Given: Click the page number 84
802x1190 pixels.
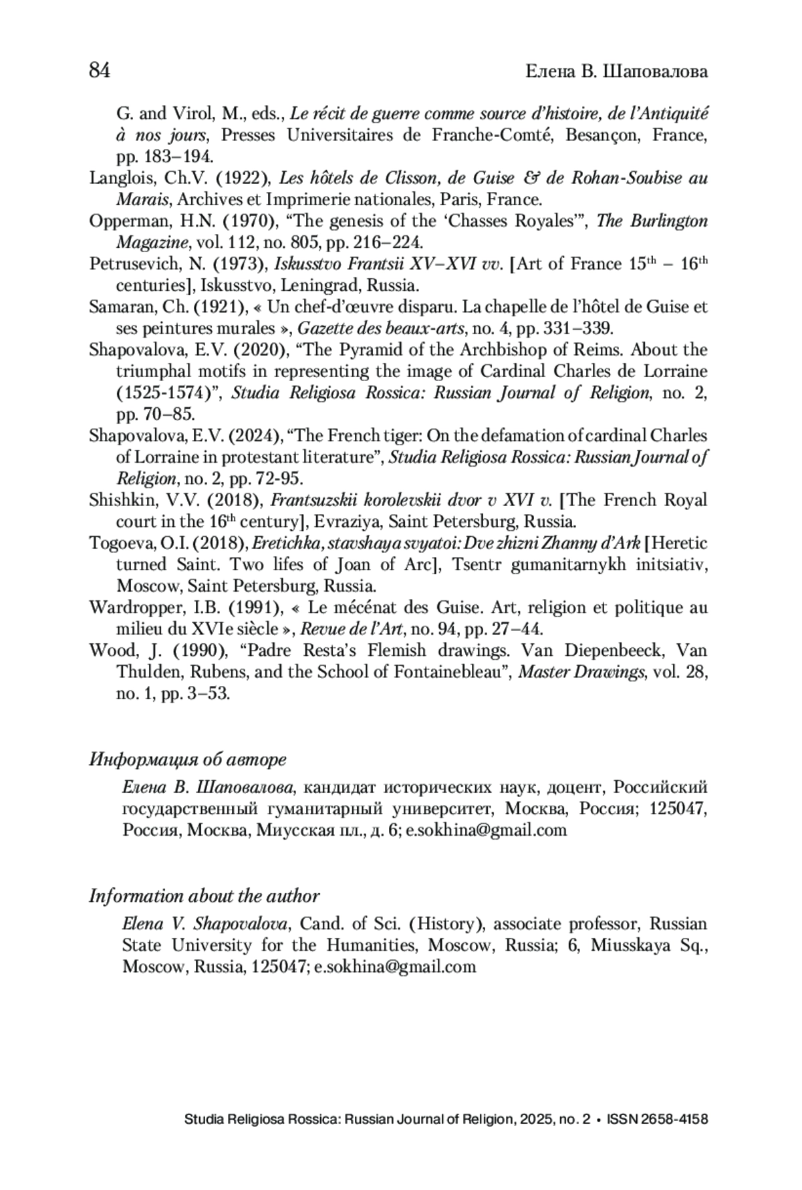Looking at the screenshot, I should tap(100, 70).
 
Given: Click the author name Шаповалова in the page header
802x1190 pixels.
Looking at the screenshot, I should tap(655, 71).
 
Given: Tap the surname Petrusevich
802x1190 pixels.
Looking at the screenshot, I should tap(127, 264).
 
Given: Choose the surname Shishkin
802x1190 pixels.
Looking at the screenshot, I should tap(114, 500).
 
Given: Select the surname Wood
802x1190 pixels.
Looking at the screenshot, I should tap(106, 650).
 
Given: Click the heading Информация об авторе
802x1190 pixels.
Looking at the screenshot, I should tap(188, 759).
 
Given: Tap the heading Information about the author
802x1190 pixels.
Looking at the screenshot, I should tap(205, 897).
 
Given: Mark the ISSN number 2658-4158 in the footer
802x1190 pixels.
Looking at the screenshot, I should tap(674, 1119).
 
